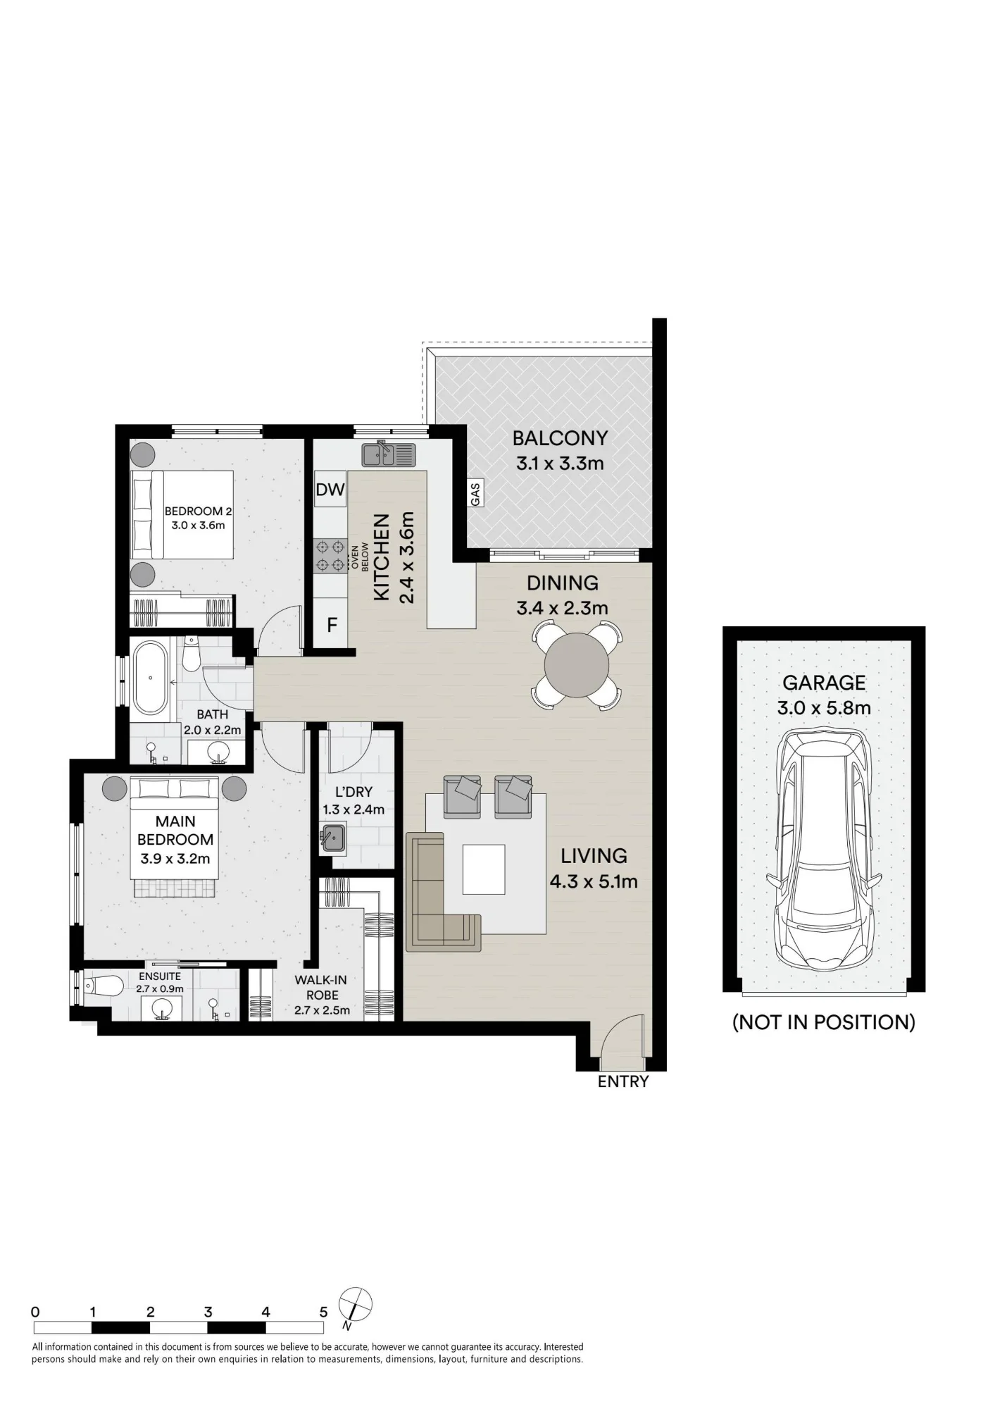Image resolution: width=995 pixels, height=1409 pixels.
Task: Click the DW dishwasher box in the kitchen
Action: coord(330,489)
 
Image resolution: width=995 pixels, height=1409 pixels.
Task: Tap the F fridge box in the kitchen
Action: coord(332,624)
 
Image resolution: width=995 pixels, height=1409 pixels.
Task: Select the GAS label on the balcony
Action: coord(475,494)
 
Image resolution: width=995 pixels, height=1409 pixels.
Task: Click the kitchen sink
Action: coord(389,454)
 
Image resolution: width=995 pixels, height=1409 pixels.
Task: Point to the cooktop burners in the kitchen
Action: coord(330,555)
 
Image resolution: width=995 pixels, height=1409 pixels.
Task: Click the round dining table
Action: coord(577,665)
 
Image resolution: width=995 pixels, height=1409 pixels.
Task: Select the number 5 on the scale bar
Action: coord(324,1312)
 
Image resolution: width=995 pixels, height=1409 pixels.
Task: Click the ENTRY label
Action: coord(623,1081)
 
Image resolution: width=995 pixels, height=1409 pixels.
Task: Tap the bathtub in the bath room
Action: coord(150,676)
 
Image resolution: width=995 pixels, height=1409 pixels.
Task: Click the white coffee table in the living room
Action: coord(484,869)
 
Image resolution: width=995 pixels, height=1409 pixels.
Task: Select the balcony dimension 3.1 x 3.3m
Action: coord(560,464)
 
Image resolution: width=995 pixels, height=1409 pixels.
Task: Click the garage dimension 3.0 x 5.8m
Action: coord(824,707)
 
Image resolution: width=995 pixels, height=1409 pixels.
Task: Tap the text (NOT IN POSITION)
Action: coord(824,1022)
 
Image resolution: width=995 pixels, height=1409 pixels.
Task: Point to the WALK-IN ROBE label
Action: coord(321,988)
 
